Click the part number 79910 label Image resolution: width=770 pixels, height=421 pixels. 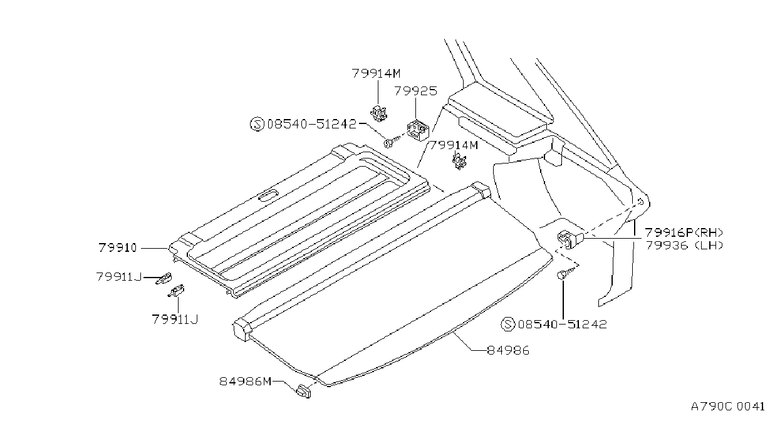coord(118,247)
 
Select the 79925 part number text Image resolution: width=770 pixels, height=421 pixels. coord(415,91)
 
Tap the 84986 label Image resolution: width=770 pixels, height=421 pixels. coord(508,351)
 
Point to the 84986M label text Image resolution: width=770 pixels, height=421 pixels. coord(246,381)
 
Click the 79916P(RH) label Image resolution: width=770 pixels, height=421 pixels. coord(684,232)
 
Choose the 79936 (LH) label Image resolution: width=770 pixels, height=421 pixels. coord(684,246)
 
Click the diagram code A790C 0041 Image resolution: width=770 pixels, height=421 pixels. coord(727,407)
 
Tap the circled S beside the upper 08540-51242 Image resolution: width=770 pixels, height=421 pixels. coord(257,124)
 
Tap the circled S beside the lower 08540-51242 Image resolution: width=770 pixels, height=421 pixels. coord(507,324)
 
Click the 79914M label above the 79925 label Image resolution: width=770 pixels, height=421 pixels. coord(376,73)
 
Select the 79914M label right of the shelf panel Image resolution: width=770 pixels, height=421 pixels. coord(454,145)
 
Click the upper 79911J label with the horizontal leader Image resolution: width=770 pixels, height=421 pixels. coord(119,277)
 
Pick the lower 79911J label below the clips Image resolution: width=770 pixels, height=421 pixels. coord(175,320)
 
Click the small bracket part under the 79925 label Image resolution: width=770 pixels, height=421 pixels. coord(418,130)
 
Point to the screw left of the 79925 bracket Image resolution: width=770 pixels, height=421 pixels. coord(392,141)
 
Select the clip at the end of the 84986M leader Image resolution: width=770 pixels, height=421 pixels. coord(303,392)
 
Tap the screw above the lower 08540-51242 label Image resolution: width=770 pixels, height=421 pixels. coord(566,274)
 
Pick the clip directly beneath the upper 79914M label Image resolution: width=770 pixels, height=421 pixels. coord(378,113)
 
